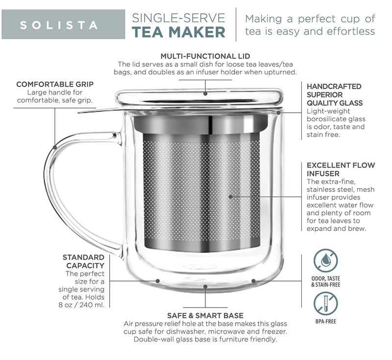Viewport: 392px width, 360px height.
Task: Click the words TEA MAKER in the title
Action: tap(179, 32)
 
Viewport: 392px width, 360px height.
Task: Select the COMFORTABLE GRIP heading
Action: tap(55, 84)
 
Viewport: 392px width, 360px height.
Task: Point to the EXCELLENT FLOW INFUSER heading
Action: tap(341, 169)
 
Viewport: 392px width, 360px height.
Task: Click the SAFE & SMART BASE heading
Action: tap(205, 315)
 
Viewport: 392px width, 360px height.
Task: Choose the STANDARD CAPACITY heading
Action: tap(83, 262)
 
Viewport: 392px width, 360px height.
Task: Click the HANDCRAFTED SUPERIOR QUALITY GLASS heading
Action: tap(334, 95)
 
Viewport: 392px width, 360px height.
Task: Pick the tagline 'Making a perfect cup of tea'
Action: tap(310, 25)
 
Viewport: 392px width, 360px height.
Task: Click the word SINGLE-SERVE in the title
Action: tap(179, 18)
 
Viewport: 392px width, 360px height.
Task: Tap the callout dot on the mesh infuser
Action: tap(230, 196)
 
